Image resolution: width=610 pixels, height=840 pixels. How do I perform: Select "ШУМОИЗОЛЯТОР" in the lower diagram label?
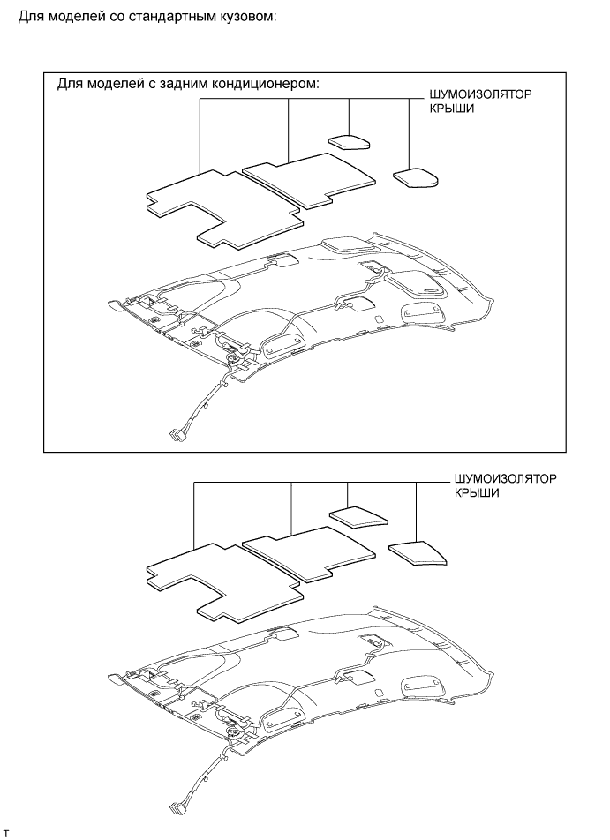(507, 479)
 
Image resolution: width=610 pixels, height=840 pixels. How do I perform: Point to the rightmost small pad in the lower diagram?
(416, 552)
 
